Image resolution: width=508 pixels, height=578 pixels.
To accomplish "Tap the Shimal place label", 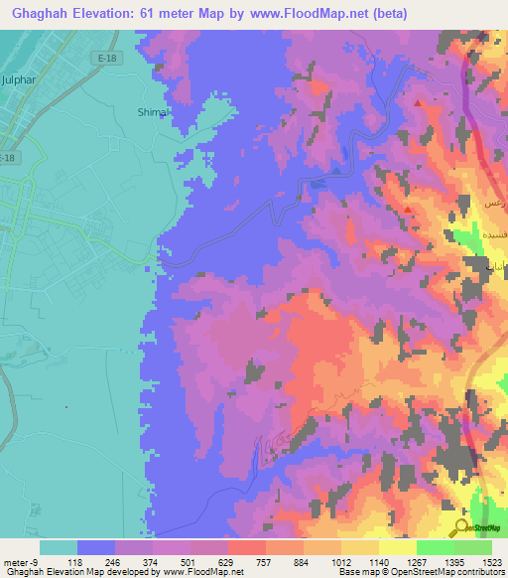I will coord(153,112).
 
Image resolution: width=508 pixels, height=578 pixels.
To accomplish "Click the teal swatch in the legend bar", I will coord(58,547).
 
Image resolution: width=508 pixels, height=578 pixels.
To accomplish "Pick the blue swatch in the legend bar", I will coord(95,547).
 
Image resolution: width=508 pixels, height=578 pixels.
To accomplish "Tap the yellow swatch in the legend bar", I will coord(397,547).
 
